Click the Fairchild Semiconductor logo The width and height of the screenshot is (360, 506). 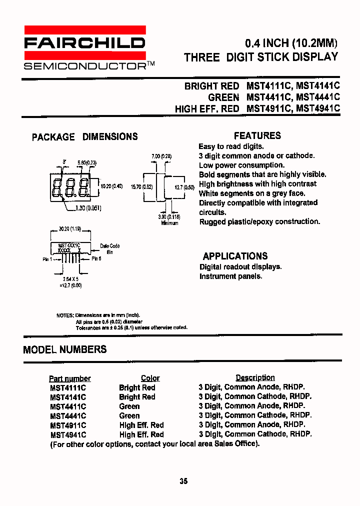click(85, 47)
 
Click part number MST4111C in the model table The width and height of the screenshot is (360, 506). click(68, 387)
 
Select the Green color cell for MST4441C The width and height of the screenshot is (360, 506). click(129, 415)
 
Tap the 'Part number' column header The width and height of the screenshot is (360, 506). click(70, 378)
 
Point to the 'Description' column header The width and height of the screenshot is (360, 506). click(255, 377)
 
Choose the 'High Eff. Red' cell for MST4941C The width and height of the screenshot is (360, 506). click(141, 434)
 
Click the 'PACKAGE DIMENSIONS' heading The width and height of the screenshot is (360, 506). click(84, 136)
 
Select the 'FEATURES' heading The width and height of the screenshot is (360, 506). click(257, 135)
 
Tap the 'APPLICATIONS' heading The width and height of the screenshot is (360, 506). click(235, 256)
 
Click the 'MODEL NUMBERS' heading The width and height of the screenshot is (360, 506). click(65, 349)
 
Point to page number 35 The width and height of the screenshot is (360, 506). click(183, 481)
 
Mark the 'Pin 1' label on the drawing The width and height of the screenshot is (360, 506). click(48, 259)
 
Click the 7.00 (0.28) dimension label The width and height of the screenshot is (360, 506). click(161, 156)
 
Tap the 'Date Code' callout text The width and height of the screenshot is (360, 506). click(109, 246)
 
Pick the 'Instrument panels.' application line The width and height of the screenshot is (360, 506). click(230, 276)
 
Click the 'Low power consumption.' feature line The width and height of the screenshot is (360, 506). click(241, 165)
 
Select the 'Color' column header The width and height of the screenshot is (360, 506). click(150, 378)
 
